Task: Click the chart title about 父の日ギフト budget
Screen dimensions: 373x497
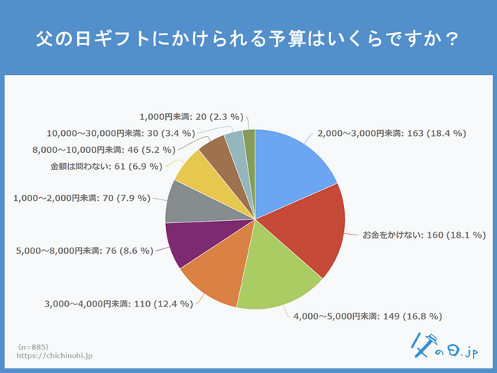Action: point(248,38)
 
